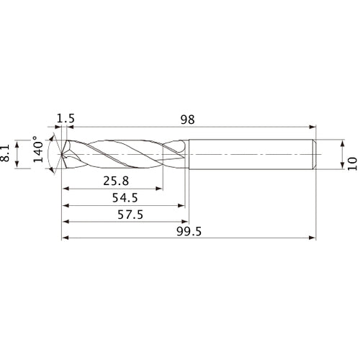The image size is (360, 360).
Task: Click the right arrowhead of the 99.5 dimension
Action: (313, 237)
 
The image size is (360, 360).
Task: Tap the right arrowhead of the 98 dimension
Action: (313, 127)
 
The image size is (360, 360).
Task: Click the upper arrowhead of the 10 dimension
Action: (341, 141)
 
